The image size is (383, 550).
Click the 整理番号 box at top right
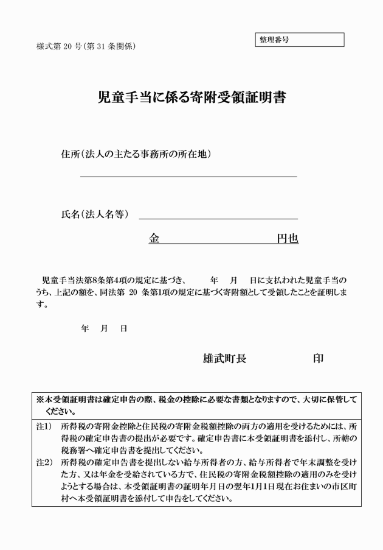click(x=300, y=40)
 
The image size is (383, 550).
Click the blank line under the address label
click(x=188, y=176)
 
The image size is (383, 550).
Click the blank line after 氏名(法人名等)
click(x=218, y=217)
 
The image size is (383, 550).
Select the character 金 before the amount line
click(x=154, y=239)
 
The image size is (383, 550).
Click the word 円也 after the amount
click(x=288, y=239)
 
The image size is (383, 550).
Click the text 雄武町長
click(x=224, y=358)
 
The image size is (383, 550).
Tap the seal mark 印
click(x=317, y=358)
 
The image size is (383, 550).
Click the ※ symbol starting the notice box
click(x=40, y=400)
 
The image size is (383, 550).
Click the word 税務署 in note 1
click(x=75, y=451)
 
